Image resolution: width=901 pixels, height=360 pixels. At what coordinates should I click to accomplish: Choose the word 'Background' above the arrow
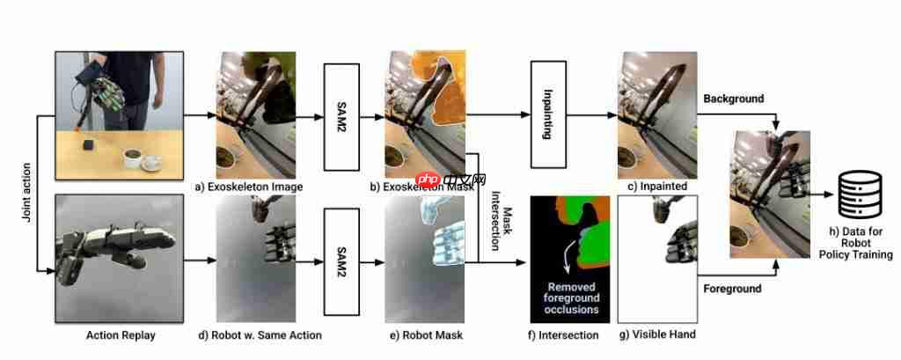pyautogui.click(x=733, y=98)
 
